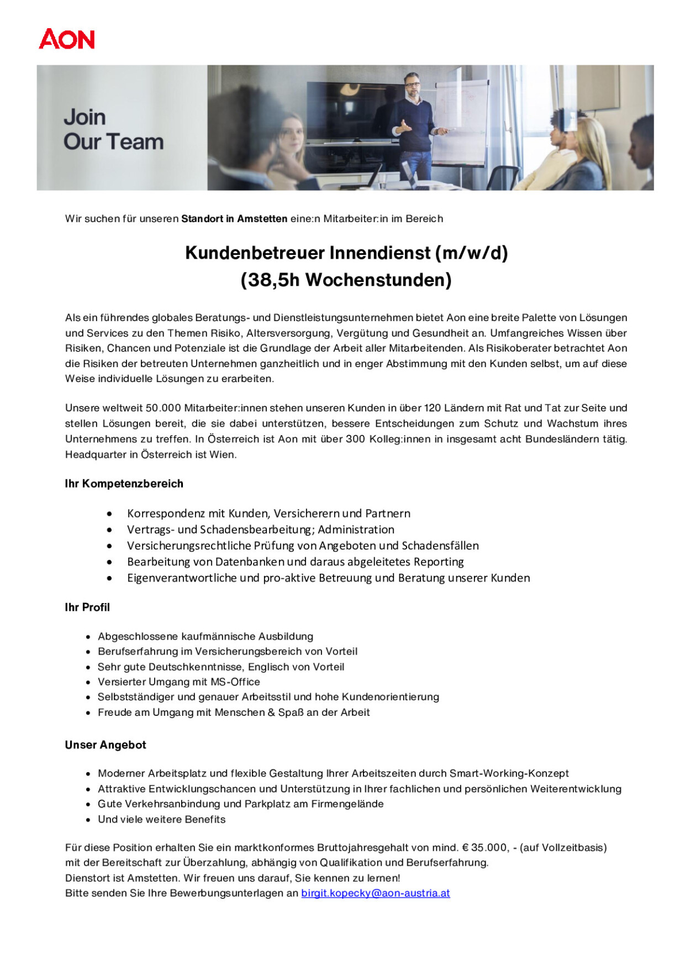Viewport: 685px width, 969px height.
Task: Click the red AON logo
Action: pyautogui.click(x=67, y=39)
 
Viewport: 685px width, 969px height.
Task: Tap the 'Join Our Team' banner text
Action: pyautogui.click(x=113, y=129)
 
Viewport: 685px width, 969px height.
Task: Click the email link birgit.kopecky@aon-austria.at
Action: pyautogui.click(x=375, y=893)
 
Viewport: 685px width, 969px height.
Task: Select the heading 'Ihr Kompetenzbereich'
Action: pyautogui.click(x=124, y=484)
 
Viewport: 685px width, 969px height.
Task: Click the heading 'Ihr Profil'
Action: pyautogui.click(x=87, y=607)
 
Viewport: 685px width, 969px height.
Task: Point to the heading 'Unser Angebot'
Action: pyautogui.click(x=106, y=745)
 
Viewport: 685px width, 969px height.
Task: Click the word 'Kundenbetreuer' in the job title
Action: pyautogui.click(x=254, y=253)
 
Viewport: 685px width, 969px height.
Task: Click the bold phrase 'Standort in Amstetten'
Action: pyautogui.click(x=234, y=218)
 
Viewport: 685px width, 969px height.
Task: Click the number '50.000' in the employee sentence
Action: pyautogui.click(x=163, y=408)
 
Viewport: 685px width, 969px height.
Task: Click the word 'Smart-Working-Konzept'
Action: pyautogui.click(x=509, y=773)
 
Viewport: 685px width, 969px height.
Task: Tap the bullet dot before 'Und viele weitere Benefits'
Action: pyautogui.click(x=88, y=820)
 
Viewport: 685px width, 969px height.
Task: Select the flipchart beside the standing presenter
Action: pyautogui.click(x=460, y=122)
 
